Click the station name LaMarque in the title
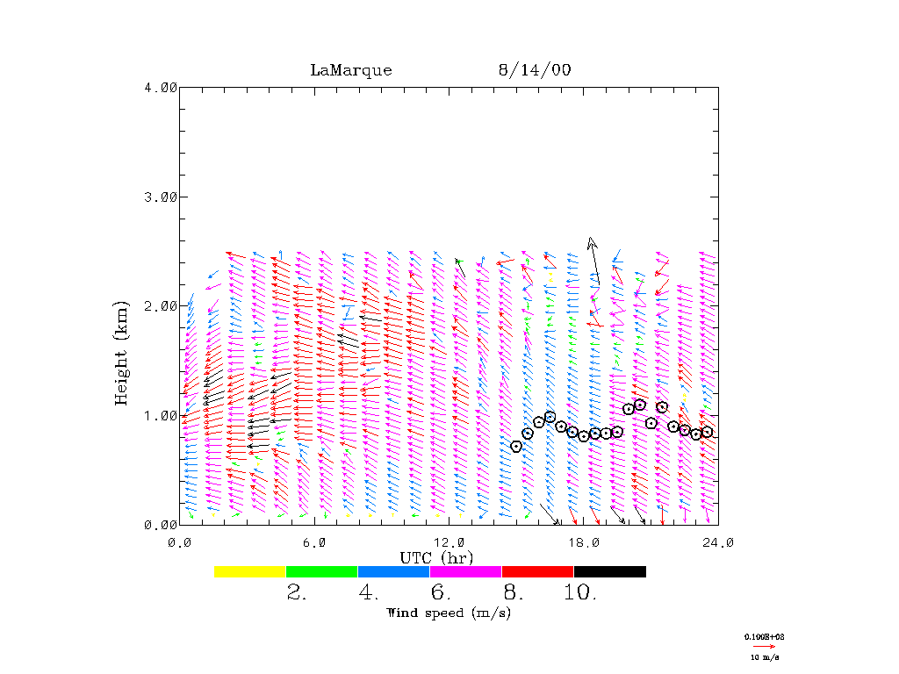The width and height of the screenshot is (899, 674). coord(351,70)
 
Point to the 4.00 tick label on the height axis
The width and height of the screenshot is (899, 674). coord(161,87)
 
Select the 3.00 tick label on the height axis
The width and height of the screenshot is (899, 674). coord(161,197)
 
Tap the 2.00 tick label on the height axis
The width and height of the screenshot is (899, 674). coord(161,305)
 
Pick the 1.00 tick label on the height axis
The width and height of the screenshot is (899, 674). coord(161,415)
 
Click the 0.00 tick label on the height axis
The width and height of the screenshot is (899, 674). coord(161,525)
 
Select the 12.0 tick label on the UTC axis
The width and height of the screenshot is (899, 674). coord(449,542)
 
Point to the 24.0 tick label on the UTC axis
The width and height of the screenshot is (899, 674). coord(718,542)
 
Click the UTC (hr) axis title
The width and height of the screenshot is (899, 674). coord(436,557)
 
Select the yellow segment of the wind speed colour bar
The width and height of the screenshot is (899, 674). coord(250,571)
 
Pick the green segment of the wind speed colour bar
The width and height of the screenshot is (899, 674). coord(322,571)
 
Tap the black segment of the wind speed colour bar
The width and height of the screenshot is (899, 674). coord(610,571)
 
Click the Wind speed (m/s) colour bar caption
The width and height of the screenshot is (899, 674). coord(449,613)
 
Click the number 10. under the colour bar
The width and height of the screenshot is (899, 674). coord(580,593)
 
